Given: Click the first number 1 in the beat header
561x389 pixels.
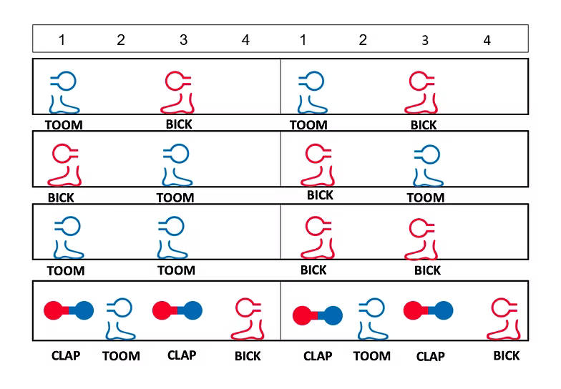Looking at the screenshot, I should pos(62,40).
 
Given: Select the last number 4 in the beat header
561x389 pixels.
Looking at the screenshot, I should pos(487,41).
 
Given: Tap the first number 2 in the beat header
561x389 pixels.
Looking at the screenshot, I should pos(120,40).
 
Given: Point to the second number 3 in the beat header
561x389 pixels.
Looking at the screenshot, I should pos(425,41).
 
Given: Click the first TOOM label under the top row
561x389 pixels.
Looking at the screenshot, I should pos(64,125).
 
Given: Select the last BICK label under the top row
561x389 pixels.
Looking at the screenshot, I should pos(424,125).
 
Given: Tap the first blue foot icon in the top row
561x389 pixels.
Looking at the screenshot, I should pos(64,93).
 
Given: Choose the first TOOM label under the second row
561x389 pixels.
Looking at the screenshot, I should pos(175,197).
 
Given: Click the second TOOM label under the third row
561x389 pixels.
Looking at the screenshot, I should pos(176,270).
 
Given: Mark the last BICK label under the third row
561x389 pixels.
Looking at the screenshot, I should pos(427,270).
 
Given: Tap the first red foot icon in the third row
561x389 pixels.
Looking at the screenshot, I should pos(315,239).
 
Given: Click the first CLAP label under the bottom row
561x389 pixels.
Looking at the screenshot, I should pos(66,355).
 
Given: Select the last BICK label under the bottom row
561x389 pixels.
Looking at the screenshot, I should pos(507,355).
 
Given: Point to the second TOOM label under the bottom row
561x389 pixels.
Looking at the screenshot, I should pos(372,355).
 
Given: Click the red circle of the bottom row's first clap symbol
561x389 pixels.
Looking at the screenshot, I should pos(54,310).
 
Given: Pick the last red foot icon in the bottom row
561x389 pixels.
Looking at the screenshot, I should pos(505,319).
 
